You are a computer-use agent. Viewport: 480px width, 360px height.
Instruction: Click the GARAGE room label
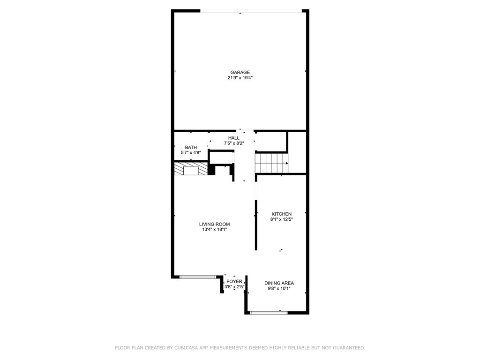pos(240,72)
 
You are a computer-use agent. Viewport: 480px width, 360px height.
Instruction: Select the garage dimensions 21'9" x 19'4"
pos(240,78)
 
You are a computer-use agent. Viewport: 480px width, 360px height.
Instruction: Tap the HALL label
pos(234,138)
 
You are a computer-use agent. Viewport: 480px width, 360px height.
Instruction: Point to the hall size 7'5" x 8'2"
pos(234,143)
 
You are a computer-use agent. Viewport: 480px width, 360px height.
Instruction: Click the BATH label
pos(191,147)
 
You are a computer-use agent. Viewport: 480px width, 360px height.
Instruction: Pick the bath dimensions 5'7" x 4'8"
pos(191,153)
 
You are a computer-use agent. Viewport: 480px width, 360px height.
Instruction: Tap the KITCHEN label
pos(281,214)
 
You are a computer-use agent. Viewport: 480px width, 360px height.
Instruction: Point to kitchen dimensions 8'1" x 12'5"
pos(281,219)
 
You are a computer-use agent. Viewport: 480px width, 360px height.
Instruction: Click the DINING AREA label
pos(279,283)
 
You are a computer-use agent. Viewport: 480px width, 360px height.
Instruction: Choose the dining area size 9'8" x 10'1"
pos(279,289)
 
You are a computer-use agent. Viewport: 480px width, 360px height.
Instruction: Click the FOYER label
pos(234,282)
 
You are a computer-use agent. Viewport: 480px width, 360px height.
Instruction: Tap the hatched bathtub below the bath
pos(191,169)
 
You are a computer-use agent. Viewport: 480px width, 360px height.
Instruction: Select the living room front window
pos(198,277)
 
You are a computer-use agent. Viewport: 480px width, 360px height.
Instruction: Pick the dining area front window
pos(269,312)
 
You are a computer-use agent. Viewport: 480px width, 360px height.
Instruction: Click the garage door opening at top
pos(251,11)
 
